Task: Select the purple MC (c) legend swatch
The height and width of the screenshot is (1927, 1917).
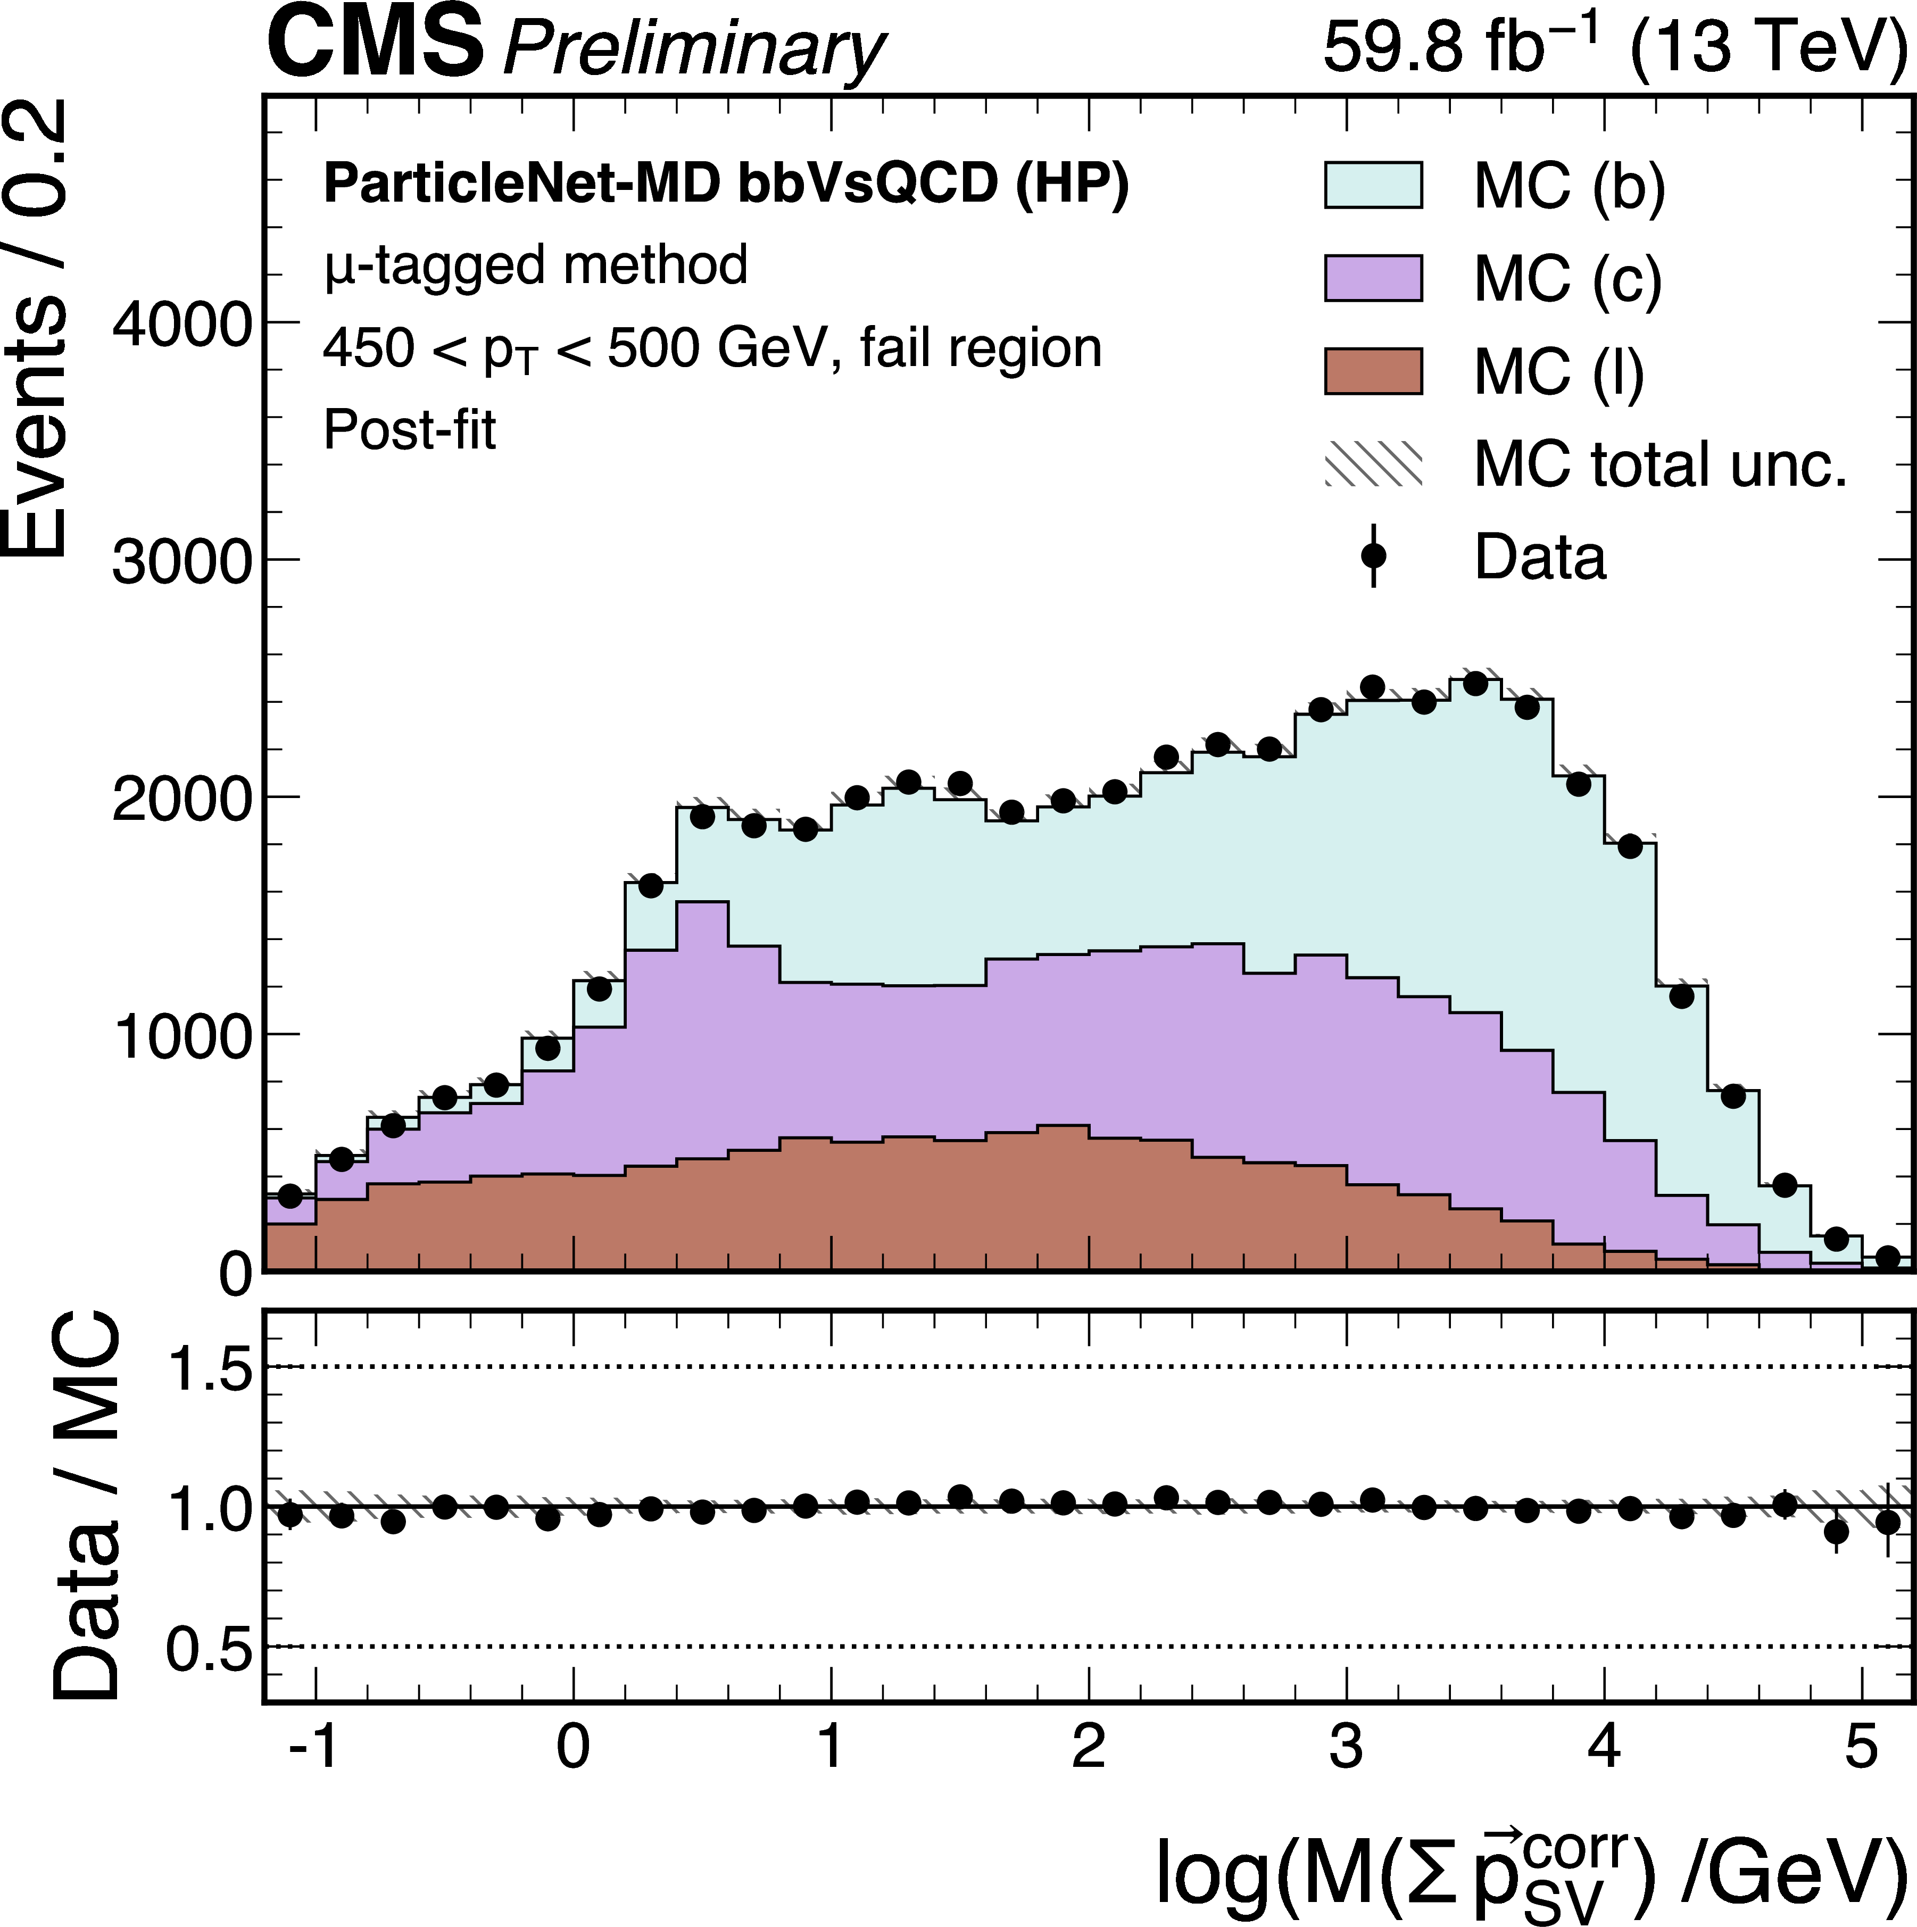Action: [x=1372, y=278]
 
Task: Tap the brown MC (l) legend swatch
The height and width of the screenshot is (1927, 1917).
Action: [x=1372, y=371]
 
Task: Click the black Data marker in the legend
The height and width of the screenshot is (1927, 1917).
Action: [x=1373, y=555]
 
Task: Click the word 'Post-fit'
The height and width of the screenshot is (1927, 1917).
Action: [x=409, y=431]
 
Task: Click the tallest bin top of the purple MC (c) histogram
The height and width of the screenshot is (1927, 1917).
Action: [x=702, y=903]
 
